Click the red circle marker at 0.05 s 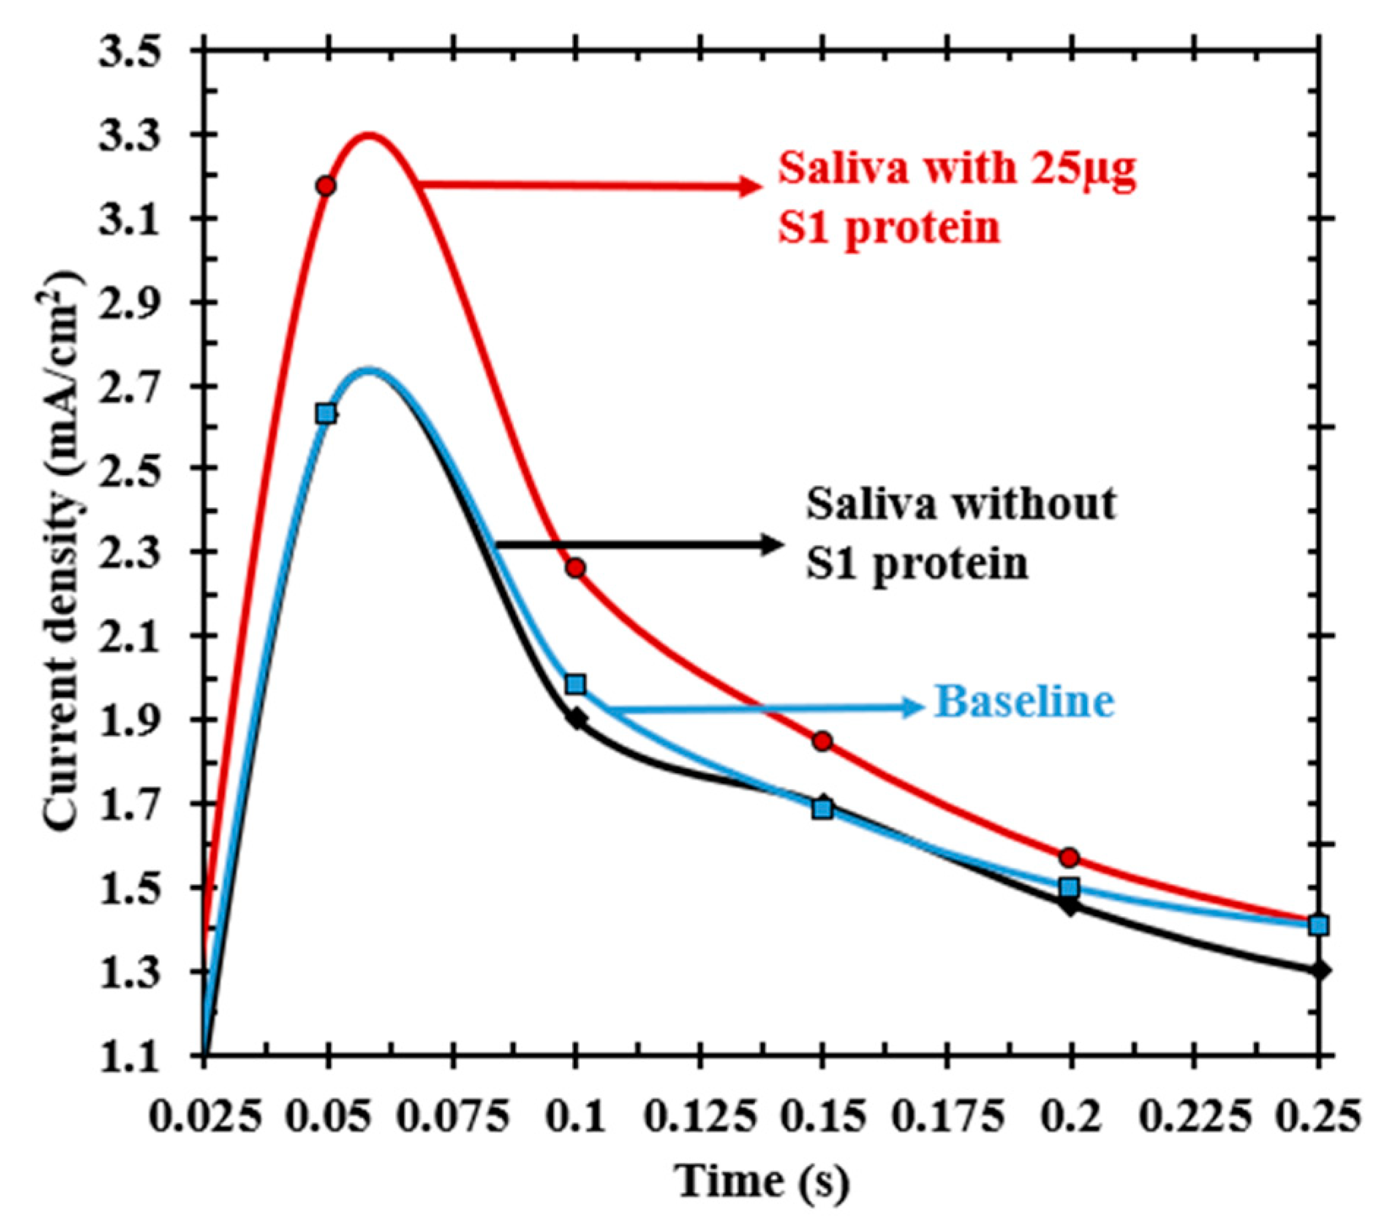coord(327,186)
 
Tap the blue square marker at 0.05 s coord(327,414)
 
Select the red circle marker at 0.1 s coord(575,568)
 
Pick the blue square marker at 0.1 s coord(575,684)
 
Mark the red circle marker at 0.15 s coord(822,741)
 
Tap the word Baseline coord(1024,702)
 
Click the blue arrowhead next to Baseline coord(913,707)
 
